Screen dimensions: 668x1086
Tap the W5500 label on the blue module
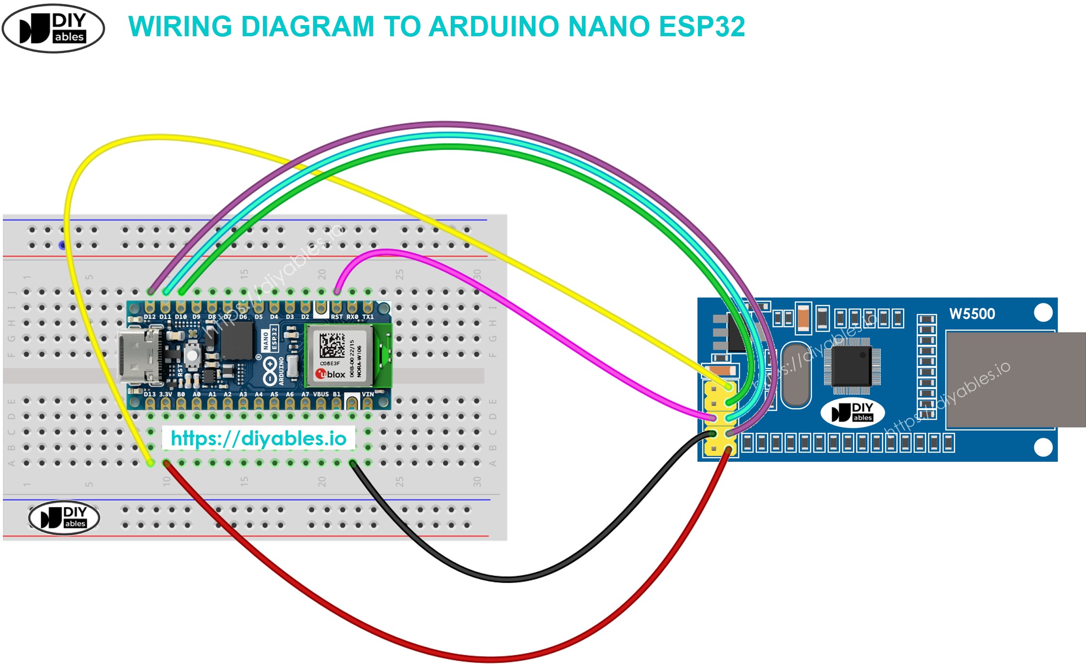tap(972, 314)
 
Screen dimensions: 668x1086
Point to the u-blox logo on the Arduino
tap(331, 374)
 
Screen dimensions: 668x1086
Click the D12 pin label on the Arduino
tap(150, 317)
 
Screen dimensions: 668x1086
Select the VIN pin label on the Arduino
tap(368, 394)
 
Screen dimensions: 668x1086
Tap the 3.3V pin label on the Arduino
tap(166, 394)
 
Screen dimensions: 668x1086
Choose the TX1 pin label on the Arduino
tap(368, 317)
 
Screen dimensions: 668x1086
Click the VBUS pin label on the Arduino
tap(321, 394)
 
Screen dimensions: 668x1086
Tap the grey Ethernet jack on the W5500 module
tap(1014, 380)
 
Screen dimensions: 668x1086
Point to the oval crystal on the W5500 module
tap(795, 374)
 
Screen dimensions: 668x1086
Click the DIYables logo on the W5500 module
tap(852, 412)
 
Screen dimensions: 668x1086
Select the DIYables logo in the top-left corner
tap(53, 28)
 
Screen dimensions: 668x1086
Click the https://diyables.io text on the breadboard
tap(259, 439)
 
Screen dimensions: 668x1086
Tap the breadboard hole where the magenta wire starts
tap(337, 292)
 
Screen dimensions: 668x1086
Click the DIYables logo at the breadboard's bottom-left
tap(64, 517)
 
